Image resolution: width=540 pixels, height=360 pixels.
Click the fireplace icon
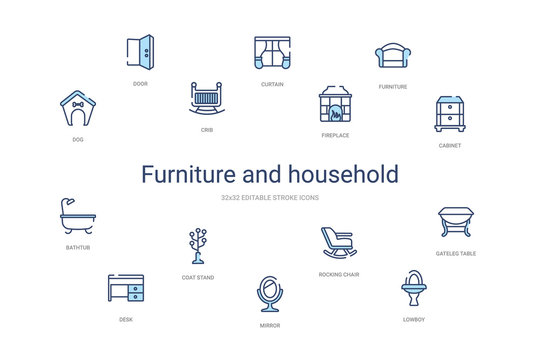point(335,104)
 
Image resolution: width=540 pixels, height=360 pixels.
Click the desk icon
point(125,288)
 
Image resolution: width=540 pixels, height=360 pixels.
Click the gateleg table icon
point(456,222)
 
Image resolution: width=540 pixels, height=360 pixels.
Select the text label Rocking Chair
point(339,274)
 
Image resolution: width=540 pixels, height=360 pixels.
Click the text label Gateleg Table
point(456,253)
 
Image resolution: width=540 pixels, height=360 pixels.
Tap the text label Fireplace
point(335,135)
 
